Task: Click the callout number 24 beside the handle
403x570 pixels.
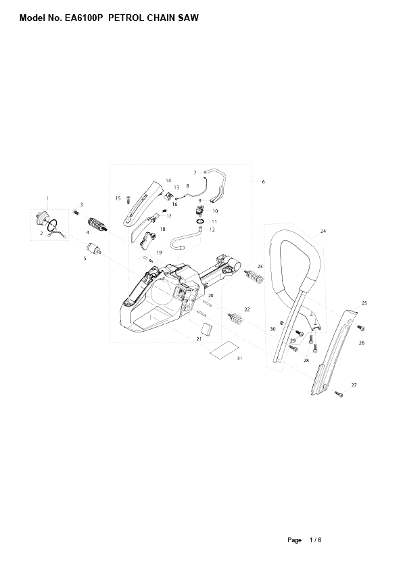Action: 323,232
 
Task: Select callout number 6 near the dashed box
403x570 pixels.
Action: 263,181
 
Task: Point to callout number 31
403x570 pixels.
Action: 239,358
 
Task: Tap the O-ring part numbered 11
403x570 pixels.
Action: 201,221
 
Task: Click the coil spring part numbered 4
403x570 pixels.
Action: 97,226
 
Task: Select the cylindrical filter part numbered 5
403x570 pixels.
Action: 94,248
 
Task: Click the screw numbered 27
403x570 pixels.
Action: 338,394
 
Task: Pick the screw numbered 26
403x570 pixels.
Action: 361,328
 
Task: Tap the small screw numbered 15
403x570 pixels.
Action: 128,200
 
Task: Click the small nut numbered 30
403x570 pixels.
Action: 282,322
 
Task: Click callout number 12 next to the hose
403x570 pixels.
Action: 212,229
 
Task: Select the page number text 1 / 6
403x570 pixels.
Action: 316,540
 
